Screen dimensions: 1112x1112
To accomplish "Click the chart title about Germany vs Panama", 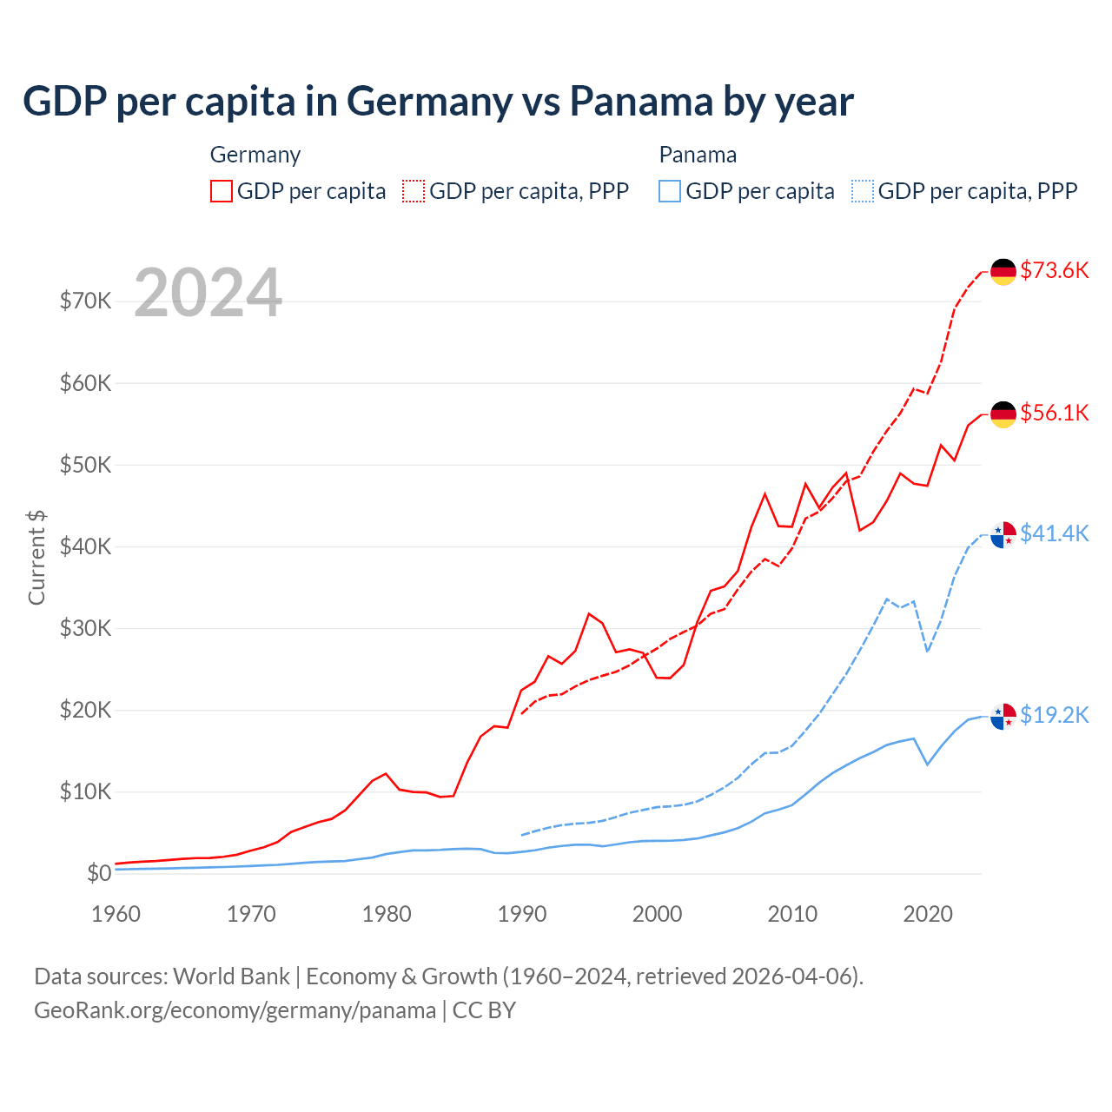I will (x=438, y=102).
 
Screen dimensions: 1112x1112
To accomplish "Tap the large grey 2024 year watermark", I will (x=208, y=293).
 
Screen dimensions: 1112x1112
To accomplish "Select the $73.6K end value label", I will (x=1054, y=270).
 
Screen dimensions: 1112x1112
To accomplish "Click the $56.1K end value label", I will (x=1054, y=413).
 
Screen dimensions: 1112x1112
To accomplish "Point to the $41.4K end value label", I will (x=1054, y=533).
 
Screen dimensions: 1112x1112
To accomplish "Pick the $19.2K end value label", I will (x=1054, y=715).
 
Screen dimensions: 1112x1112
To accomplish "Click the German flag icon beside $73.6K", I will (x=1003, y=272).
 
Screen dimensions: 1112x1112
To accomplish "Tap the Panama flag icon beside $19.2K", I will (x=1003, y=717).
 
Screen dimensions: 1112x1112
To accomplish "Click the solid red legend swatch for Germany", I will (x=222, y=191).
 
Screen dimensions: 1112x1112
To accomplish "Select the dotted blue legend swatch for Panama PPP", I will (x=863, y=191).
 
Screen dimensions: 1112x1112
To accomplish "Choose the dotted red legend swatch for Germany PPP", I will (x=414, y=191).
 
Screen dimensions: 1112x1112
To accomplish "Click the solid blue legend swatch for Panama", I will (x=670, y=191).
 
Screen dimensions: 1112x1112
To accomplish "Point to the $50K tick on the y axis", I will (x=85, y=465).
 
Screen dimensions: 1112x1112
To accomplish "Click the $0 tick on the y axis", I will (x=99, y=874).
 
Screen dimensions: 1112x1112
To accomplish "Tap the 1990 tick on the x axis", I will (x=522, y=914).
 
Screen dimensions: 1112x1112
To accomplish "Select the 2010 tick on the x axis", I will (x=792, y=914).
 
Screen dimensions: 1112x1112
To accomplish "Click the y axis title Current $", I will (x=36, y=557).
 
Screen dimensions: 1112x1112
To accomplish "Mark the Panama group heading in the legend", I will (x=698, y=155).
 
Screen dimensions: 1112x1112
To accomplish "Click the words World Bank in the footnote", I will (x=231, y=976).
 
